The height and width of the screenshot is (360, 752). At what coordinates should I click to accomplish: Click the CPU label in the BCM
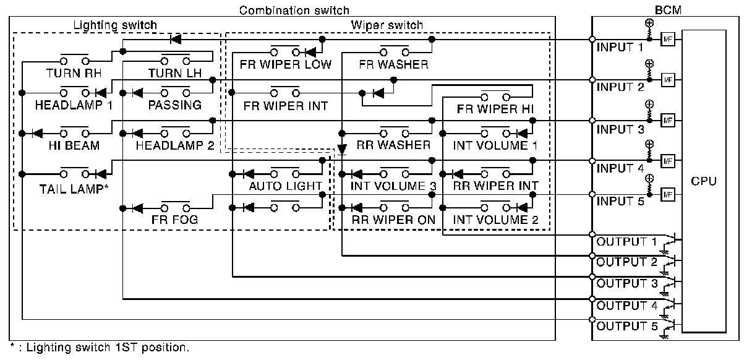click(x=704, y=181)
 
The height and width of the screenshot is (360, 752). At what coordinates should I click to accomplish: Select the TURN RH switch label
click(x=74, y=73)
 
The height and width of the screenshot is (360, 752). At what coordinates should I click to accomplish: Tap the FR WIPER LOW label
click(x=286, y=64)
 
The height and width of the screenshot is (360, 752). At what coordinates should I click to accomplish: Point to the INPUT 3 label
click(x=621, y=130)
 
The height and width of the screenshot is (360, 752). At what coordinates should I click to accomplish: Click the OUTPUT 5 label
click(x=625, y=327)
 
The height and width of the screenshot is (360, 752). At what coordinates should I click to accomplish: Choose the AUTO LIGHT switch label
click(x=285, y=186)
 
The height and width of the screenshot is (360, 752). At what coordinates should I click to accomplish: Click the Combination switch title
click(x=294, y=10)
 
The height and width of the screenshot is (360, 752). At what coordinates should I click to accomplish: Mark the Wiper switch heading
click(x=387, y=25)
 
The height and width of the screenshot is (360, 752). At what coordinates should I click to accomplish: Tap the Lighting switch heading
click(x=115, y=25)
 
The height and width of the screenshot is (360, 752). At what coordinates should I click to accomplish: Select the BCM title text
click(x=667, y=10)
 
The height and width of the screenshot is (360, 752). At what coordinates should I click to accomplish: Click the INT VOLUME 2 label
click(x=495, y=220)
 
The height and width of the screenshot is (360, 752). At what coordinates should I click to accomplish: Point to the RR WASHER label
click(x=393, y=145)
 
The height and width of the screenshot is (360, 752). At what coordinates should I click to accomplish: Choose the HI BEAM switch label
click(x=74, y=145)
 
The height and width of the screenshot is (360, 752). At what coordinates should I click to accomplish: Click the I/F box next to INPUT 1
click(x=667, y=38)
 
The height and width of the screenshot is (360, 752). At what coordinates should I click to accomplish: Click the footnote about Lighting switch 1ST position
click(x=100, y=348)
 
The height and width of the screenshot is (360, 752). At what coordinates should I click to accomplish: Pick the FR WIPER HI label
click(x=495, y=109)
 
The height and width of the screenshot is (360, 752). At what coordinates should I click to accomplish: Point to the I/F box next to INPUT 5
click(x=667, y=194)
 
